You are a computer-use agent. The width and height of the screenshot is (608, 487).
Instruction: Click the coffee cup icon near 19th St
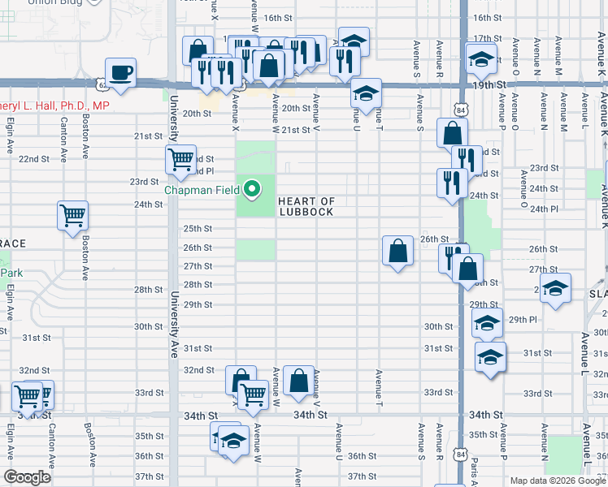pos(120,73)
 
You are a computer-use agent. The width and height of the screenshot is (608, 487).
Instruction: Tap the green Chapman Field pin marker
pos(252,190)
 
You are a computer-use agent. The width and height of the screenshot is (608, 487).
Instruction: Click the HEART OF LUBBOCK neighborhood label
pos(306,206)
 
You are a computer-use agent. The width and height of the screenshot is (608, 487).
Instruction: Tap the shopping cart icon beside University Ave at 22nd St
pos(180,158)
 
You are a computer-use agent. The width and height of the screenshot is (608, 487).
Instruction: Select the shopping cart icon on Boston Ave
pos(72,216)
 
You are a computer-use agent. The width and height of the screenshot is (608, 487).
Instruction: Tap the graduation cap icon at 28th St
pos(556,288)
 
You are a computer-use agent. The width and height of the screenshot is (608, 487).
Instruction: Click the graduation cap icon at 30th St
pos(486,323)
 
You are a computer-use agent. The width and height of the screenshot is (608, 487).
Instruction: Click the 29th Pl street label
pos(523,321)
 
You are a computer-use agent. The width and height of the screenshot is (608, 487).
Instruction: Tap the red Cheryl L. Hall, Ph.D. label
pos(54,106)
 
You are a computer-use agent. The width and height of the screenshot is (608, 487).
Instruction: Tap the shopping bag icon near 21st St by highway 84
pos(452,132)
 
